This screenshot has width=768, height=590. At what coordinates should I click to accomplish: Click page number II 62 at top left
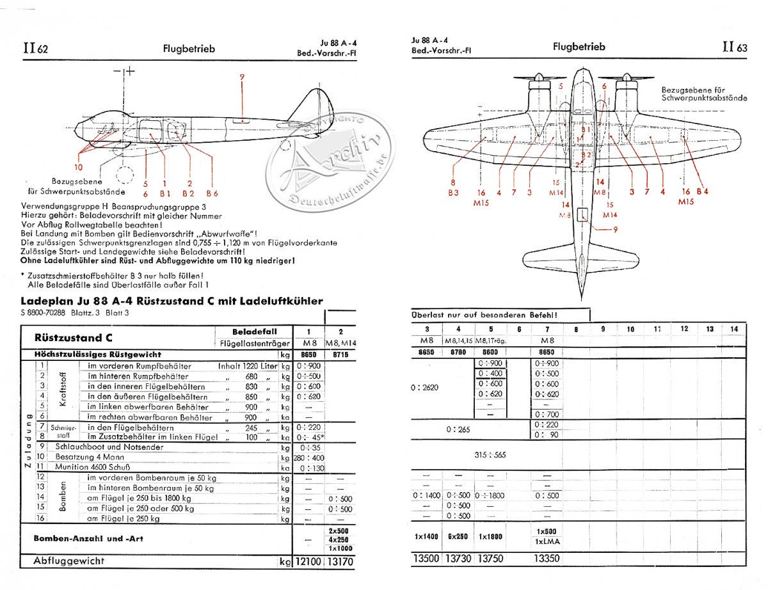35,49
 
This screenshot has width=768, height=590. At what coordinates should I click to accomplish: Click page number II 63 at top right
734,47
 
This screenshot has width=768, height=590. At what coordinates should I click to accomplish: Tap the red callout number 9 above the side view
243,78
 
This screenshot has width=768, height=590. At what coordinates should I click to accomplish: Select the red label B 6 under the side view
212,193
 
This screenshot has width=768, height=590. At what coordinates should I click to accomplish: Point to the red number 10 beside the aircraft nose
78,168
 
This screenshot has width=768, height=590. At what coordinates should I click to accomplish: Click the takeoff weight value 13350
546,559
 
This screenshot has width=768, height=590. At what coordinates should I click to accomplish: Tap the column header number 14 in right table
733,329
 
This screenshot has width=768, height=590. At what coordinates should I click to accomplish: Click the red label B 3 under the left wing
453,192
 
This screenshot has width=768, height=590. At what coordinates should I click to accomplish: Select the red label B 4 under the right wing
702,192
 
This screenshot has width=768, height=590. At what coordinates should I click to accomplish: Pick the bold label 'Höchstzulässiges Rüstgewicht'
89,354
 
